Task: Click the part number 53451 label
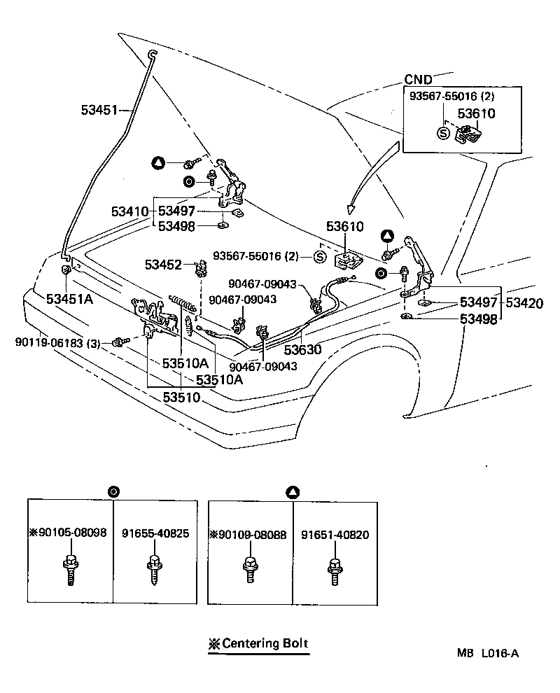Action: coord(99,110)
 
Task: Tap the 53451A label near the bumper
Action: coord(70,299)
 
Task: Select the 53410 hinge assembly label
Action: coord(129,211)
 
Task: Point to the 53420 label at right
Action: coord(524,302)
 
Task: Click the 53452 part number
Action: coord(163,265)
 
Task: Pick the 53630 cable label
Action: coord(303,349)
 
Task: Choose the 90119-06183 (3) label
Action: coord(57,343)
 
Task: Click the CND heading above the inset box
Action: coord(418,80)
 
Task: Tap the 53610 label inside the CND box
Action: coord(476,113)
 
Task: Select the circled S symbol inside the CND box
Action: coord(443,133)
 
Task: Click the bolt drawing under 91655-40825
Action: coord(154,570)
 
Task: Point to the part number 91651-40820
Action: coord(335,535)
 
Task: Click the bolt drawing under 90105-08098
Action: coord(71,570)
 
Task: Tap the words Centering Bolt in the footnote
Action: coord(265,643)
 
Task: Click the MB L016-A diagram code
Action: coord(488,653)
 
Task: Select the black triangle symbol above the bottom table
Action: coord(293,492)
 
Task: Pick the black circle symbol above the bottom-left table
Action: coord(113,491)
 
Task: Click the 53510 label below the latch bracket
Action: coord(182,397)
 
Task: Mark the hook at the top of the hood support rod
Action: coord(153,54)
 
